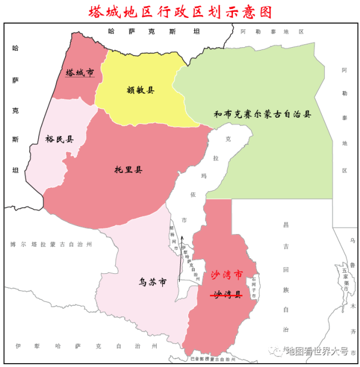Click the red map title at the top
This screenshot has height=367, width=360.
point(180,11)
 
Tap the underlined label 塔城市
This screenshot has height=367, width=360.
point(79,73)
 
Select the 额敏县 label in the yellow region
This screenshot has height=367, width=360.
point(140,89)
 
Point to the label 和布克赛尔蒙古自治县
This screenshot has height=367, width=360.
point(262,114)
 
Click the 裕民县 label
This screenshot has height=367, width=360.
point(60,139)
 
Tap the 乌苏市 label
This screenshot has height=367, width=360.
point(153,282)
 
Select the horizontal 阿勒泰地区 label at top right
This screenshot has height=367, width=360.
point(272,31)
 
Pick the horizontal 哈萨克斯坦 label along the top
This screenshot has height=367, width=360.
point(154,31)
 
